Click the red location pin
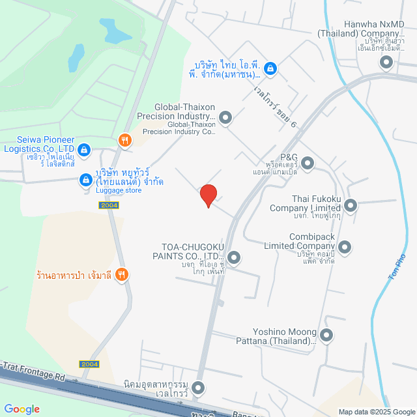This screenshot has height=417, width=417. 208,195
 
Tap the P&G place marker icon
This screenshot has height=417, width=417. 308,163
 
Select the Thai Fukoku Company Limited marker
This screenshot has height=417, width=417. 351,206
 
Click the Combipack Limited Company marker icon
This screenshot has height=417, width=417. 345,248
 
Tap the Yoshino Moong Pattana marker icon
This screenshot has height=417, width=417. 326,336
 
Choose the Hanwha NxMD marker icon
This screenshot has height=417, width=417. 386,63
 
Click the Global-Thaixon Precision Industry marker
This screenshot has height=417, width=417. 225,117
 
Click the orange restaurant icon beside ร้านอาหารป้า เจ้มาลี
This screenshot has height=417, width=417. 121,276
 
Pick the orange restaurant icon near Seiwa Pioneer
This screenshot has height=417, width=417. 124,140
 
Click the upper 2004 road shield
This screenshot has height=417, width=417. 109,205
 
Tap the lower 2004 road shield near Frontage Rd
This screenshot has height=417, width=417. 90,364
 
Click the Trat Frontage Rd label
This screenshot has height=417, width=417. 34,374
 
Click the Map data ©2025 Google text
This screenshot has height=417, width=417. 376,412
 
